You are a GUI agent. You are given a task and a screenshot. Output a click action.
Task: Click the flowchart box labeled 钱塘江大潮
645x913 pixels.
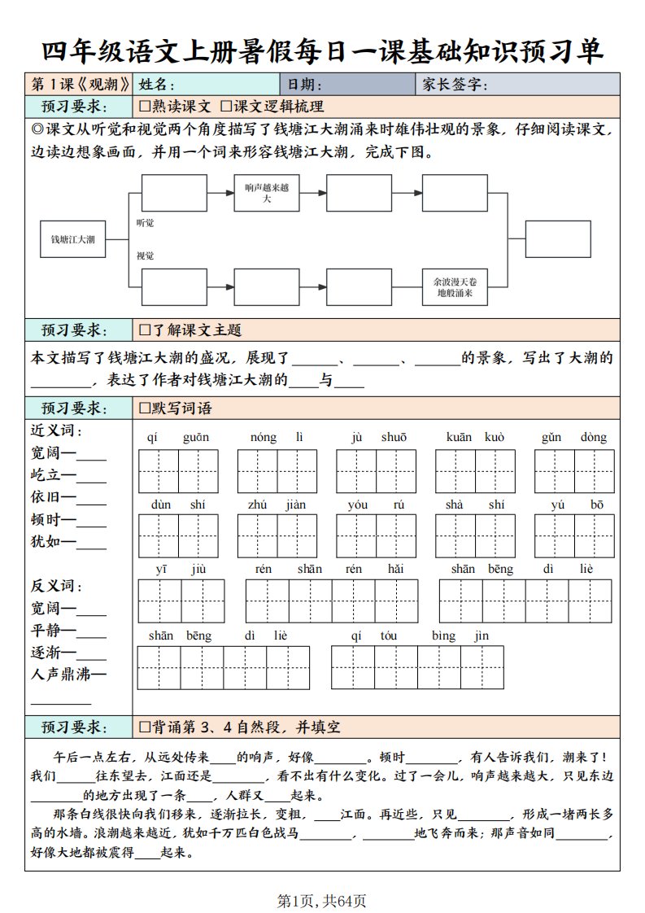tap(72, 239)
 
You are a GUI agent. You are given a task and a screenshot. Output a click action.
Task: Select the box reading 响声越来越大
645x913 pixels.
tap(267, 193)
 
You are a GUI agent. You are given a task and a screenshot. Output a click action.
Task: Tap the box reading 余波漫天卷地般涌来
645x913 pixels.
tap(455, 286)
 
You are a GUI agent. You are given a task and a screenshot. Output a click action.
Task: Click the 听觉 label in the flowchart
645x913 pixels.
tap(145, 222)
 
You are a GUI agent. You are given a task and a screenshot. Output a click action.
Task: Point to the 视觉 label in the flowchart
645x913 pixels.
tap(145, 256)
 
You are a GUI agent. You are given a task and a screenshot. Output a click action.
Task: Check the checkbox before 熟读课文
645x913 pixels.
tap(145, 107)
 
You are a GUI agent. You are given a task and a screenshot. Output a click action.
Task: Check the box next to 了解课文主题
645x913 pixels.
tap(145, 330)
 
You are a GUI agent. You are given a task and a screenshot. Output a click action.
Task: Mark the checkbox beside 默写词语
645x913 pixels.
tap(145, 408)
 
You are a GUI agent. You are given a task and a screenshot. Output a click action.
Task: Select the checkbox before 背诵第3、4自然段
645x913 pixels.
tap(145, 727)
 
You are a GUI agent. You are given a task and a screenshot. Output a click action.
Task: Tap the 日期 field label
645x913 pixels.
tap(302, 85)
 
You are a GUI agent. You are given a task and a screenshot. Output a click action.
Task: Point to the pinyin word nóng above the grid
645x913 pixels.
tap(263, 438)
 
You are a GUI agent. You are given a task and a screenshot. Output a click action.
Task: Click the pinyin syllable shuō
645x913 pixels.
tap(394, 438)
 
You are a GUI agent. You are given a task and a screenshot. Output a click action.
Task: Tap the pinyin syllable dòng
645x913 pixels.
tap(594, 438)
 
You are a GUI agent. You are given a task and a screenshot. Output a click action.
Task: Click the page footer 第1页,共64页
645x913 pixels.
tap(322, 901)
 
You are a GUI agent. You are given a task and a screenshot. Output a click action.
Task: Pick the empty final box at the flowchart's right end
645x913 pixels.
tap(557, 239)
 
